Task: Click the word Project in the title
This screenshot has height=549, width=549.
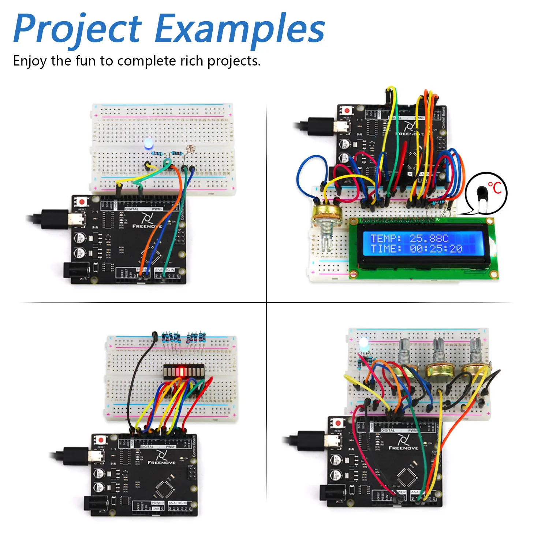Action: click(x=77, y=29)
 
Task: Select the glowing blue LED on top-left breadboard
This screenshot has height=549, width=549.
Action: click(x=149, y=143)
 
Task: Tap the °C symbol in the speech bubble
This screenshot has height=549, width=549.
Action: click(x=494, y=188)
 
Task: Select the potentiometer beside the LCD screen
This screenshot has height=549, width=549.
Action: click(x=327, y=220)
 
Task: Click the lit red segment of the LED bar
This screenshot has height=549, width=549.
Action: click(x=179, y=372)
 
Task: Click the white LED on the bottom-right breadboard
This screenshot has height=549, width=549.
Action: click(x=363, y=344)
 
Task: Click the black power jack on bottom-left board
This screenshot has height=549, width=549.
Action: click(x=96, y=505)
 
